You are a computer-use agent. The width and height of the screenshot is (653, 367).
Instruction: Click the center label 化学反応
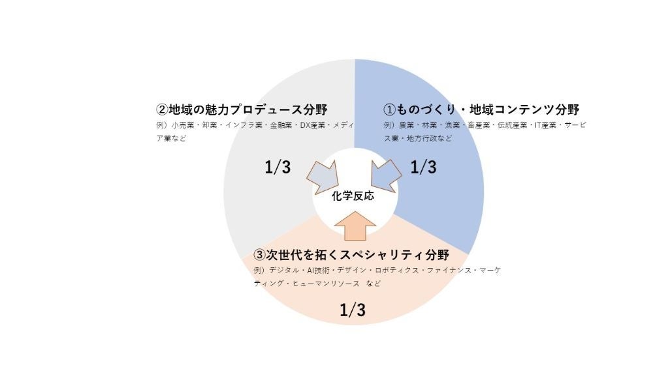pos(353,196)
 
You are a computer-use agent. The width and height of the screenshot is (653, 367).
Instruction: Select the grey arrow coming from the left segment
pos(323,175)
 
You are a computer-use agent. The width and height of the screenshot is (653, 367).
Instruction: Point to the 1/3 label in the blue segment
pos(422,167)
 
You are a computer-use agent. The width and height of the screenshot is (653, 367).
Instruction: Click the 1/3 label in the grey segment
pos(278,167)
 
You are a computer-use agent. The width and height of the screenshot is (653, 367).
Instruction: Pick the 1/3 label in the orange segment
pos(353,310)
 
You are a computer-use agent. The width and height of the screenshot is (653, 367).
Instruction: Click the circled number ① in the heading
pos(389,109)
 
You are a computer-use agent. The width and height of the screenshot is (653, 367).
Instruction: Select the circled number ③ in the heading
pos(259,254)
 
